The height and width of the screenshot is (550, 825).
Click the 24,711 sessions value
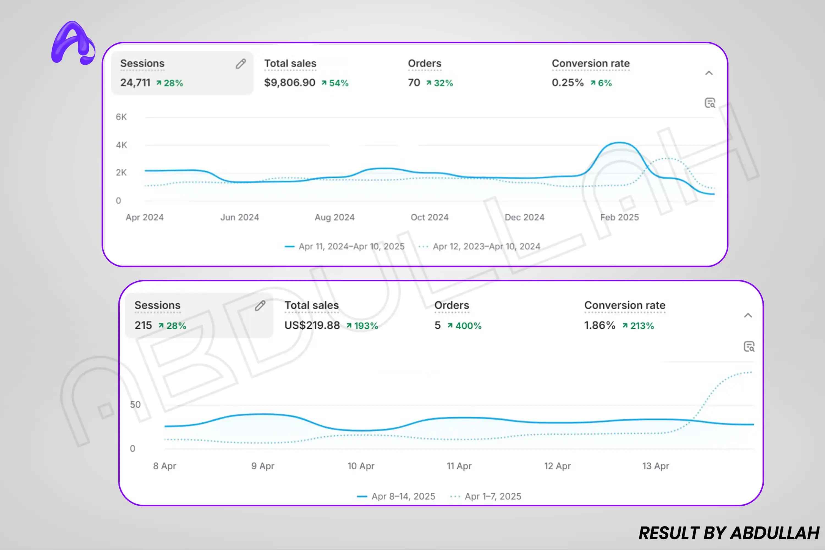click(x=135, y=83)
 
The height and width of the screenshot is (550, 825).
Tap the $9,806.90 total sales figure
click(x=289, y=83)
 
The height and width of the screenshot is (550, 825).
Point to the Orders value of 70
click(x=414, y=83)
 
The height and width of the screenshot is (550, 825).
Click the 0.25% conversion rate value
click(x=567, y=83)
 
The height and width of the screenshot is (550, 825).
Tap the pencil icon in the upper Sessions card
click(x=241, y=64)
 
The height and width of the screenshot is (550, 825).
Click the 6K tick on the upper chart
click(x=121, y=117)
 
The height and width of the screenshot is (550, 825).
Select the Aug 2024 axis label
click(x=335, y=218)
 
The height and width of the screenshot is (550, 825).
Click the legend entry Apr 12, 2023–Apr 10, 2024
click(x=486, y=247)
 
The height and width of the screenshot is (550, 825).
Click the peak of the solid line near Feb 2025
click(x=620, y=143)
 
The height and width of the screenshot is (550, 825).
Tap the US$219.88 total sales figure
click(x=312, y=326)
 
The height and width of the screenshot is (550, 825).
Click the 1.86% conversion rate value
click(x=599, y=326)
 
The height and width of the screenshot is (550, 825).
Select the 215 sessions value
click(x=143, y=326)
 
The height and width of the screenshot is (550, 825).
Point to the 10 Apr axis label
click(x=361, y=466)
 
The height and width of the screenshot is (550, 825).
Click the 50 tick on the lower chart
click(x=135, y=405)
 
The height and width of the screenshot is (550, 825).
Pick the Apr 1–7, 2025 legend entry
click(x=493, y=497)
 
